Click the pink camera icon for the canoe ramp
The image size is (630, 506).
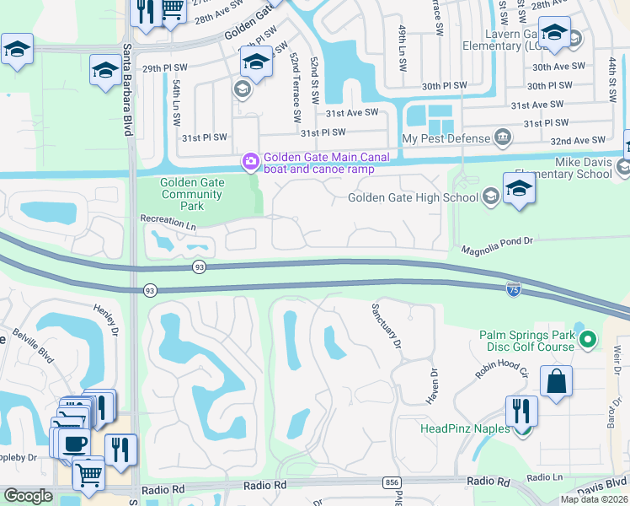pyautogui.click(x=250, y=162)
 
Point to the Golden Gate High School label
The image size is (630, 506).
pyautogui.click(x=414, y=198)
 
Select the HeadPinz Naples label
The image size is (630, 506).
pyautogui.click(x=466, y=428)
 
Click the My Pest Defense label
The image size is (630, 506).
pyautogui.click(x=446, y=138)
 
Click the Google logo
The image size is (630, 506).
pyautogui.click(x=28, y=496)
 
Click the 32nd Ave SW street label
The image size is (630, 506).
pyautogui.click(x=576, y=140)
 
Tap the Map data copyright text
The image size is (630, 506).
pyautogui.click(x=594, y=499)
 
